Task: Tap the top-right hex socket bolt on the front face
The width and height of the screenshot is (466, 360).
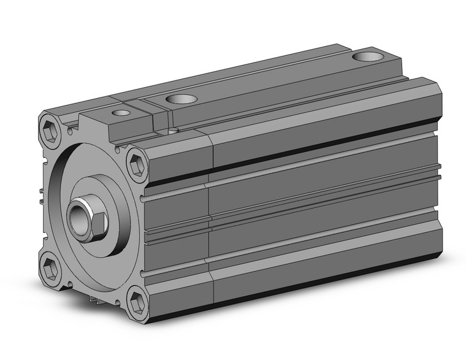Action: click(136, 165)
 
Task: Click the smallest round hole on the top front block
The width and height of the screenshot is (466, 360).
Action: click(121, 113)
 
